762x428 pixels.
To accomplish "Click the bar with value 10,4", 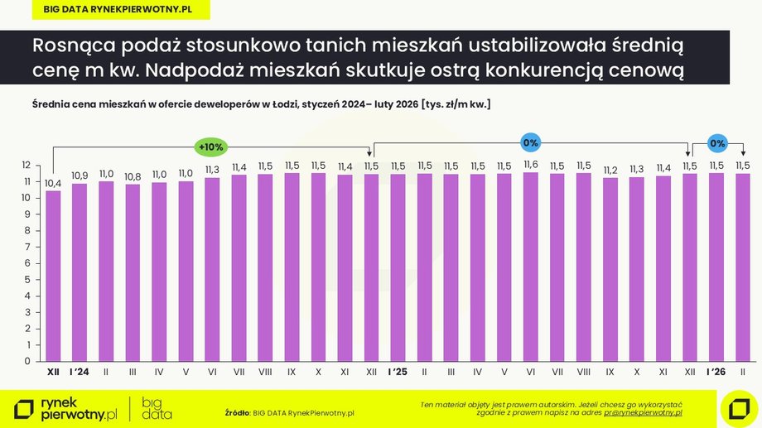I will point(53,276).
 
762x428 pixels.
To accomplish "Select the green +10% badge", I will point(210,147).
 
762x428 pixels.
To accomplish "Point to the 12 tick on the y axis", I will point(26,166).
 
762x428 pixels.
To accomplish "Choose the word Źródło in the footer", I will point(237,411).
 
